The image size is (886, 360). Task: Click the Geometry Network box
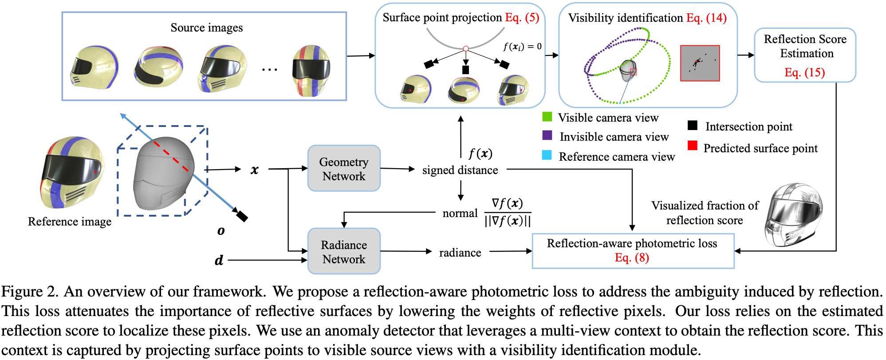[x=344, y=169]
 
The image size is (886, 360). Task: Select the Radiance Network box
[x=344, y=252]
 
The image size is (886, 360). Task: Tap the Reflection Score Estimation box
[x=805, y=55]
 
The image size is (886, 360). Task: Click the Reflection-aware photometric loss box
[x=633, y=251]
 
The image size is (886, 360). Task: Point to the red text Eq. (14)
[x=706, y=18]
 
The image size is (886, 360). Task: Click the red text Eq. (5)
[x=522, y=18]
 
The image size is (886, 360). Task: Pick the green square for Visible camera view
[x=547, y=117]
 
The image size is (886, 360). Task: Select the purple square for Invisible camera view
[x=547, y=135]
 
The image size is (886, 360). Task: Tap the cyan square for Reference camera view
[x=547, y=155]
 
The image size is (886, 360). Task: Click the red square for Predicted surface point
[x=692, y=146]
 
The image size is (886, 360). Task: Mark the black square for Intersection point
[x=692, y=125]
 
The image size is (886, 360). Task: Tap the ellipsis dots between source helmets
[x=269, y=70]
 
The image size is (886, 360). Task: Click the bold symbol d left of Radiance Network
[x=219, y=260]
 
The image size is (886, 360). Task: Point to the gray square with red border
[x=700, y=63]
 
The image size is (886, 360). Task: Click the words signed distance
[x=460, y=170]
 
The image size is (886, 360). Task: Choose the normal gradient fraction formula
[x=508, y=213]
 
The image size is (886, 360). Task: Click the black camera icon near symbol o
[x=241, y=216]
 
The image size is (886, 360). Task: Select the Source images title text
[x=207, y=28]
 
